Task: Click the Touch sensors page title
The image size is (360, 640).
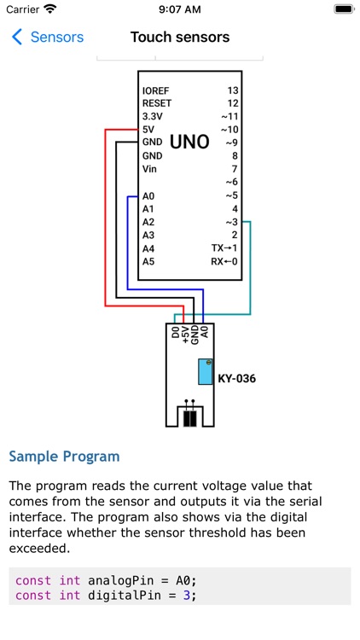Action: coord(180,38)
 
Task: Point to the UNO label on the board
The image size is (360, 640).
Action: coord(189,143)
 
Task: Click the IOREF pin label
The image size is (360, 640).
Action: coord(156,90)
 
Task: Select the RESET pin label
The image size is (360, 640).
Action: coord(157,102)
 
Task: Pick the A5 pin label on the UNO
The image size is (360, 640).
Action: coord(148,261)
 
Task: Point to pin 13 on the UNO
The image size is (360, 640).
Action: coord(232,90)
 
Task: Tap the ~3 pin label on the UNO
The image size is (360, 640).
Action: coord(231,221)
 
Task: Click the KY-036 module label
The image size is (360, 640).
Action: coord(236,378)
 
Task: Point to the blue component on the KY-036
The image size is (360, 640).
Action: coord(205,372)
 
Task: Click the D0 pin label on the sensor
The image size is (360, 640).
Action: coord(175,333)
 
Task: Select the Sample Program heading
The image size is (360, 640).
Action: coord(64,457)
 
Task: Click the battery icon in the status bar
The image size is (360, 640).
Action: coord(343,9)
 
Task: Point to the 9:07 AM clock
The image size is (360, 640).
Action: coord(180,9)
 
